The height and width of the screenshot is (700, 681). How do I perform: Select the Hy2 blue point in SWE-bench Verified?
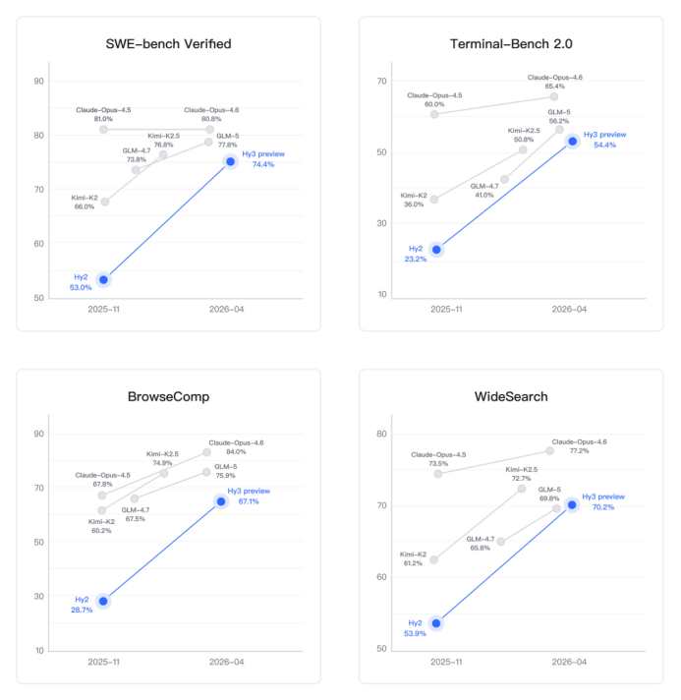click(x=104, y=280)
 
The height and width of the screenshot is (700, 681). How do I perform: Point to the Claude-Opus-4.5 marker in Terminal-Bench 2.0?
click(x=434, y=114)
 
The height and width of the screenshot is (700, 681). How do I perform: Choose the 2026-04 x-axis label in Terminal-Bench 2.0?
click(x=568, y=308)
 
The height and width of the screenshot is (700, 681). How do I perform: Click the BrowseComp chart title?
click(x=168, y=397)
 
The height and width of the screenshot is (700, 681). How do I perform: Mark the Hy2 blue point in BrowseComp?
click(x=103, y=601)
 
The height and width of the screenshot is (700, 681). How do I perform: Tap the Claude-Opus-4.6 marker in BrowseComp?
click(x=207, y=452)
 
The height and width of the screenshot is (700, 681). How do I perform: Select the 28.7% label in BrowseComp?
click(x=81, y=610)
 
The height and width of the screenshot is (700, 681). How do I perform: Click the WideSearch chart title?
click(x=511, y=397)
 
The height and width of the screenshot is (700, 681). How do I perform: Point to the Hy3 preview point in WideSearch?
click(x=572, y=504)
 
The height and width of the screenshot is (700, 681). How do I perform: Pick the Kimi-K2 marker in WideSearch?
click(x=434, y=559)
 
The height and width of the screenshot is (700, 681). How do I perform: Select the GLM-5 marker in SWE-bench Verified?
click(x=208, y=142)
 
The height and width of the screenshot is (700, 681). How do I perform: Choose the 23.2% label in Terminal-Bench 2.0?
click(x=414, y=259)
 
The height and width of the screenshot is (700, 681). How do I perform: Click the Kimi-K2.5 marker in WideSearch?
click(x=522, y=489)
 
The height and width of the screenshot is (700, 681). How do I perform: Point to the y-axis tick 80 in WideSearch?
click(x=382, y=434)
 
